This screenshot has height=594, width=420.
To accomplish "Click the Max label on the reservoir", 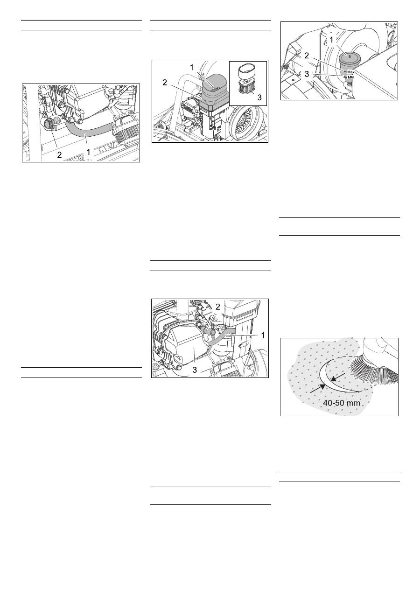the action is point(350,72).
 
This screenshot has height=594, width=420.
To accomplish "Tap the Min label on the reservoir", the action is point(350,77).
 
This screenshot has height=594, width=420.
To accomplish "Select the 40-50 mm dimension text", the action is point(342,403).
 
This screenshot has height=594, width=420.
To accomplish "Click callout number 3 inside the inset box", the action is point(259,98).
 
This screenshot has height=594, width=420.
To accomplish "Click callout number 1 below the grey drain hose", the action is point(88,152).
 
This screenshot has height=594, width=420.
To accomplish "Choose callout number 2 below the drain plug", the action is point(59,154).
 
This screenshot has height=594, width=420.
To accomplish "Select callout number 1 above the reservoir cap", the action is point(331,40).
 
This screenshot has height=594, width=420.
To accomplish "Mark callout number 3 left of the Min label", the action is point(307,74).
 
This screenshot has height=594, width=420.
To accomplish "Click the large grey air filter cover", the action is point(214,90).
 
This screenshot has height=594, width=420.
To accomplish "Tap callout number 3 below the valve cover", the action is point(195,370).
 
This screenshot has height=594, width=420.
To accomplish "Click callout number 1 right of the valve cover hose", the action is point(263,335).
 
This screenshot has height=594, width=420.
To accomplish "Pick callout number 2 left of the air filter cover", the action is point(165,83).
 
